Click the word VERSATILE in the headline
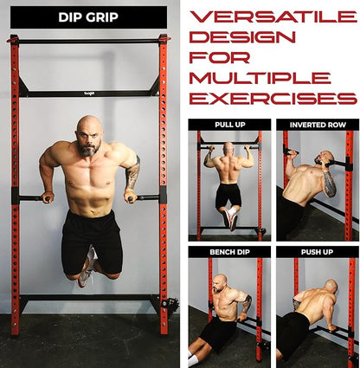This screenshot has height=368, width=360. (x=273, y=16)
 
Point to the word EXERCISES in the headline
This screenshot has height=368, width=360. (x=272, y=96)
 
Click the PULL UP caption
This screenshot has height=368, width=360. (x=228, y=125)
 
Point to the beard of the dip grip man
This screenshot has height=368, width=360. (x=87, y=148)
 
